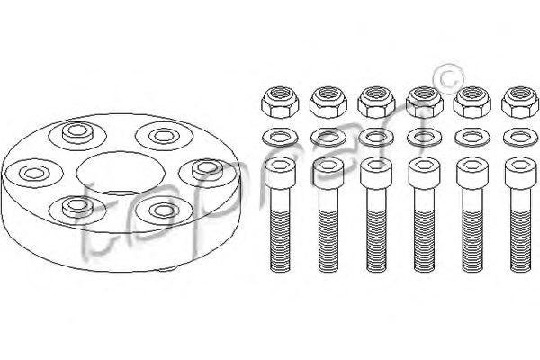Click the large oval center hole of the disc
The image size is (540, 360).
pyautogui.click(x=121, y=174)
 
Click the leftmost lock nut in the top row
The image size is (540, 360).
pyautogui.click(x=280, y=103)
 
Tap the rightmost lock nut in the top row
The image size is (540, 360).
pyautogui.click(x=520, y=103)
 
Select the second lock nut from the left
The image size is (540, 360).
pyautogui.click(x=328, y=103)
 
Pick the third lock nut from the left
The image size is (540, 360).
pyautogui.click(x=376, y=103)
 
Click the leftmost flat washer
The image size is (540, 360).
pyautogui.click(x=280, y=138)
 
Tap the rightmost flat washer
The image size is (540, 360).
pyautogui.click(x=520, y=138)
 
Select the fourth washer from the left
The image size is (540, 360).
pyautogui.click(x=424, y=138)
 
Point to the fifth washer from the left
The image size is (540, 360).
pyautogui.click(x=472, y=138)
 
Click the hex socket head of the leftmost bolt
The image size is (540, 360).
pyautogui.click(x=280, y=173)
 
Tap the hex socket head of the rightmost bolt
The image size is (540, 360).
pyautogui.click(x=520, y=173)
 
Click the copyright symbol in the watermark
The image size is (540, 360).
pyautogui.click(x=447, y=79)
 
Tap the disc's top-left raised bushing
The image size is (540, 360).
pyautogui.click(x=77, y=133)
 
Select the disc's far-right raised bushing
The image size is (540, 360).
pyautogui.click(x=208, y=169)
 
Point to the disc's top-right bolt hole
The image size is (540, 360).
pyautogui.click(x=164, y=136)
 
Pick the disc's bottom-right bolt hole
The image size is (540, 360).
pyautogui.click(x=164, y=210)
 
